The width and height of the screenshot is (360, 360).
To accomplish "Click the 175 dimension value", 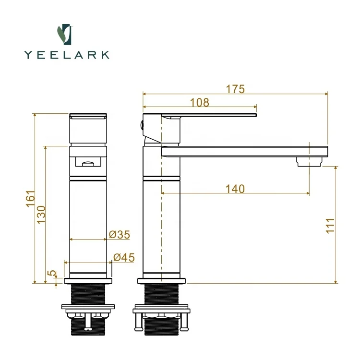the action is (235, 89).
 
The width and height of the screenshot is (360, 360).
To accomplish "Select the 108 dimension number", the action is (200, 102).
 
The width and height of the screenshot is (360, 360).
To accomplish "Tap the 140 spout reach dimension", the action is (235, 189).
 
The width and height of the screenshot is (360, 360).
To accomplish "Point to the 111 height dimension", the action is (330, 226).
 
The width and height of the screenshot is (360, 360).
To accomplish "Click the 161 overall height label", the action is (30, 199).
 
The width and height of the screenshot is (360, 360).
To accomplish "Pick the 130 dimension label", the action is (41, 215).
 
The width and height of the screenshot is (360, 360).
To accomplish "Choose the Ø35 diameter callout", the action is (120, 234).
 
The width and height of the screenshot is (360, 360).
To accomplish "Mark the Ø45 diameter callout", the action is (124, 257).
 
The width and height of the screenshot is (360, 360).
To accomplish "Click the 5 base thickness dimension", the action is (52, 273).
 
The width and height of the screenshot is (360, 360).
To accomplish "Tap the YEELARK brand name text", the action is (67, 55).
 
